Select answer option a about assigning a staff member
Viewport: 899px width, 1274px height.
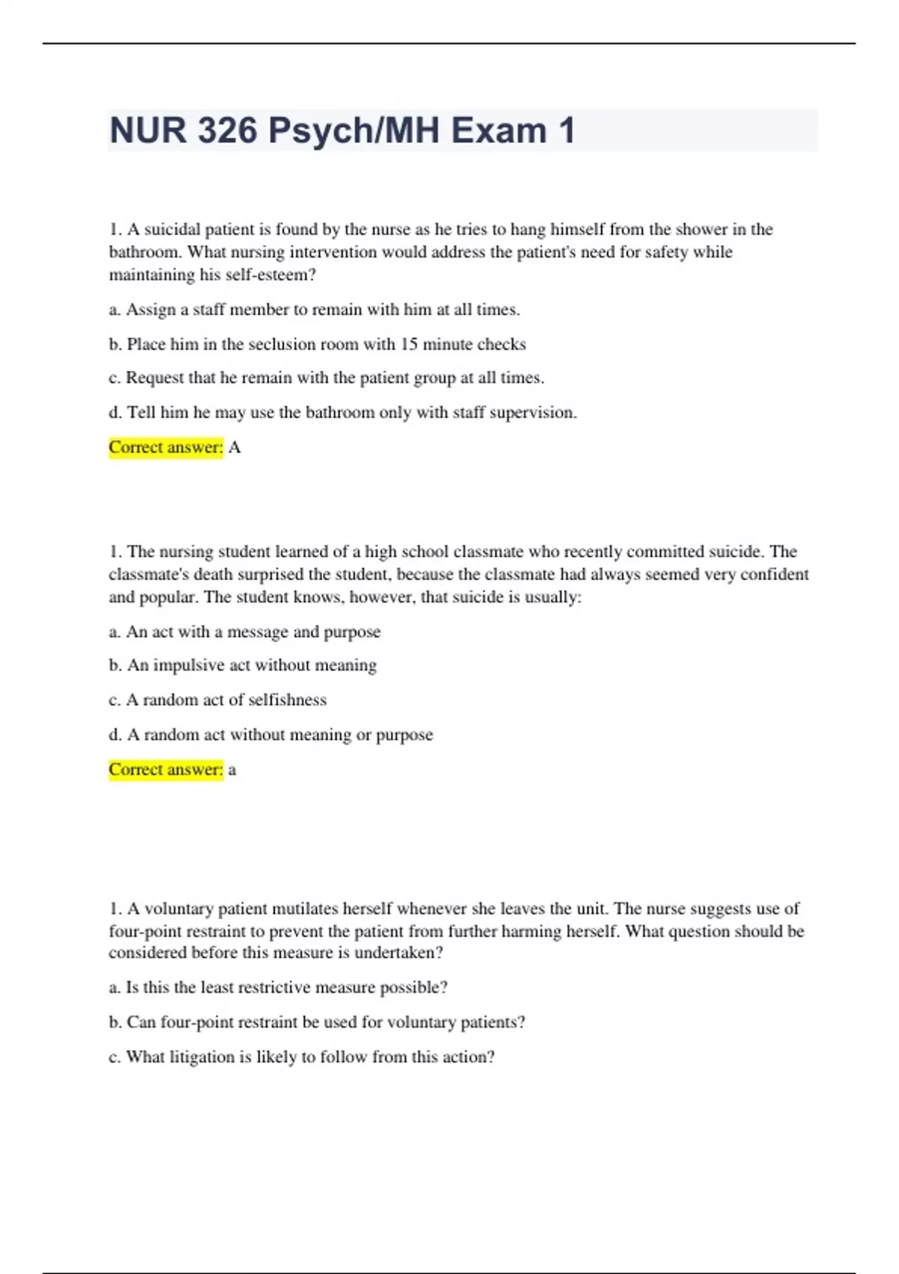[315, 310]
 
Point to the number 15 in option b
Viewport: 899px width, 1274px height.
[409, 344]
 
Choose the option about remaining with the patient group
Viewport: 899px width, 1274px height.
[327, 378]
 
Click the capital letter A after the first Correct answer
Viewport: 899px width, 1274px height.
[234, 447]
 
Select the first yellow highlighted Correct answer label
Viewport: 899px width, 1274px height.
[166, 447]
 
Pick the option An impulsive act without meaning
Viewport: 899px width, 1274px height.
[243, 665]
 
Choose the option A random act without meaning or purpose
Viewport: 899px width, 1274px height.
[271, 734]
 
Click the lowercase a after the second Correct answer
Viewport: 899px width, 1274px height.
[232, 770]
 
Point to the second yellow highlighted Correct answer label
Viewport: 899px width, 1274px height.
[166, 770]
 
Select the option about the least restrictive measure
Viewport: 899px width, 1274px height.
[279, 988]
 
